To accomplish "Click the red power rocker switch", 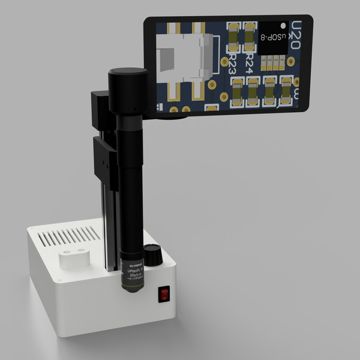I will point(163,294).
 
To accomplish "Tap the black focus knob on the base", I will point(154,255).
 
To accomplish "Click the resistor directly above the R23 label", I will point(232,37).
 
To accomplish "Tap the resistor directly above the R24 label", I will point(248,37).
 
